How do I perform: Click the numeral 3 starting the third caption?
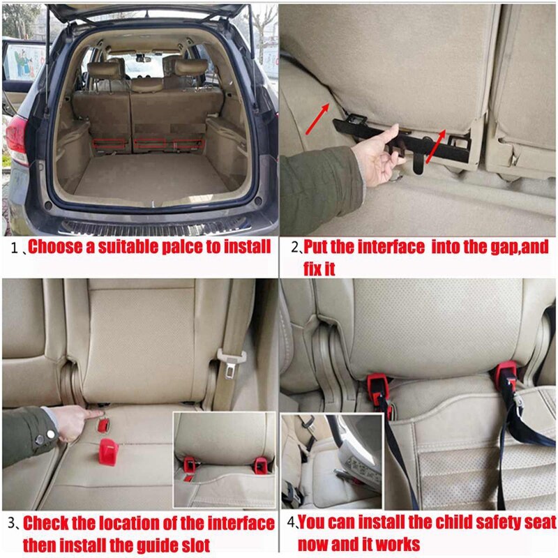pos(12,524)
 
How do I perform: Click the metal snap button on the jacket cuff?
pos(40,439)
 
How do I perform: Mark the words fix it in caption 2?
pos(319,268)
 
